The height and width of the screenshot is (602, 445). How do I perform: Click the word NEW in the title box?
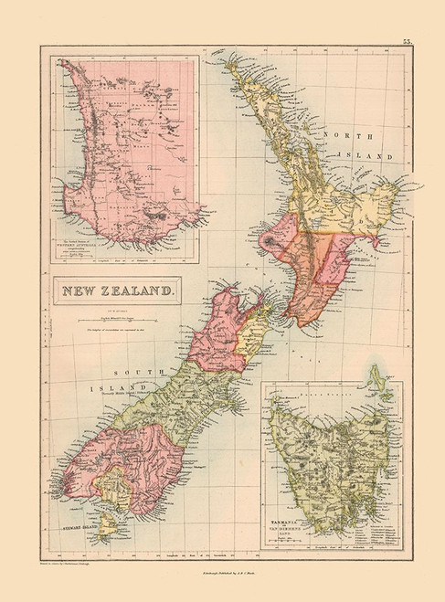[82, 291]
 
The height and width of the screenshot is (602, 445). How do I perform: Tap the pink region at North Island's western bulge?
[279, 239]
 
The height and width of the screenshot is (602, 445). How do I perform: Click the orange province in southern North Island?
[320, 274]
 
